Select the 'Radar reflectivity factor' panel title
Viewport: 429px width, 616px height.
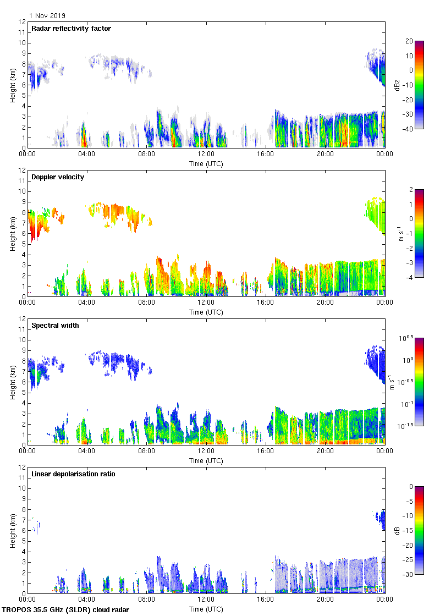click(x=71, y=29)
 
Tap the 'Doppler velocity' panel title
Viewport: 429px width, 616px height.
click(x=58, y=177)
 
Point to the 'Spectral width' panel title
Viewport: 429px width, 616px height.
click(x=55, y=326)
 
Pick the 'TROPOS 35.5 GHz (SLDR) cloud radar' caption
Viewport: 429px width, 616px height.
click(x=66, y=610)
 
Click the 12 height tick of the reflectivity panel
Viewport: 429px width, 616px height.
click(x=22, y=22)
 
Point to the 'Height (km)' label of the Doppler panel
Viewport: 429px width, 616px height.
click(x=12, y=233)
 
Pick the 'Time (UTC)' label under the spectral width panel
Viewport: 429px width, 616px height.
click(x=206, y=460)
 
